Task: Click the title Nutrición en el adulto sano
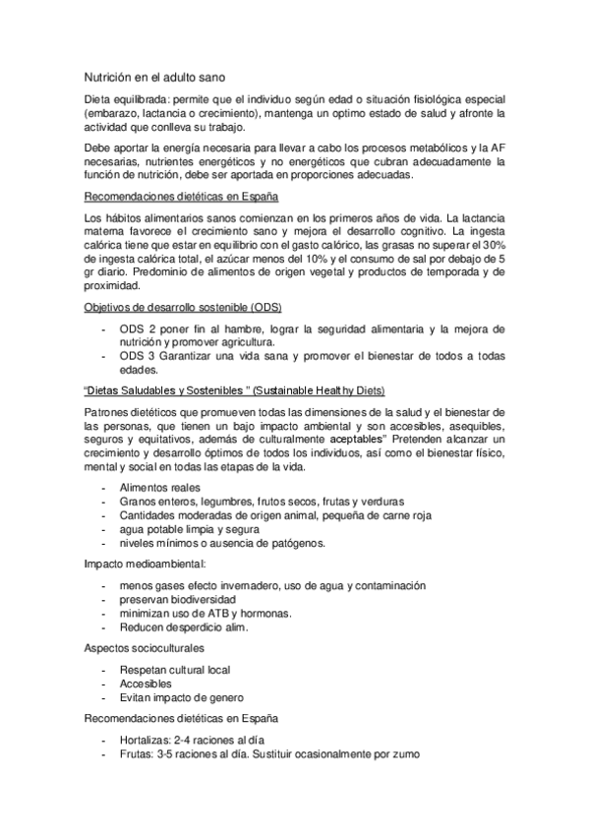[158, 75]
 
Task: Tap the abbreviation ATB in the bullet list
[206, 613]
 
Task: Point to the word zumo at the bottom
[404, 753]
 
